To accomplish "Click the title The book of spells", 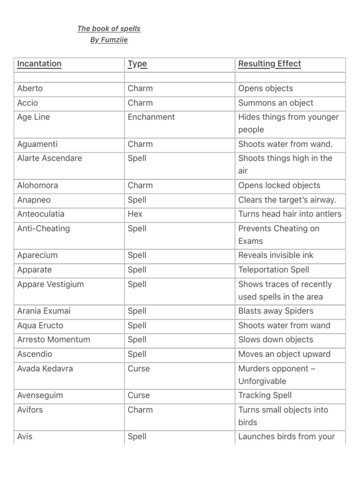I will [x=109, y=29].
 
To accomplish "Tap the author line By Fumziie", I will [x=109, y=40].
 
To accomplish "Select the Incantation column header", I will [x=39, y=64].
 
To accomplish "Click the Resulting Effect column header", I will [x=270, y=64].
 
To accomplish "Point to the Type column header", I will [x=137, y=64].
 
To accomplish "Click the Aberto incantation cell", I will [x=30, y=88].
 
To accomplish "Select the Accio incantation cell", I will [x=28, y=103].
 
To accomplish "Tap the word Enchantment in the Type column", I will [x=151, y=117].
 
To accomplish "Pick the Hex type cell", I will [x=135, y=214].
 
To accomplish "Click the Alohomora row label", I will [x=37, y=185].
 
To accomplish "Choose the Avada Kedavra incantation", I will [x=45, y=368].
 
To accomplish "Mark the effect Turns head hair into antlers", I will [x=290, y=214].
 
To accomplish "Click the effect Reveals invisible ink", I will [x=276, y=255].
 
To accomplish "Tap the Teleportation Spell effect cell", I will [x=274, y=270].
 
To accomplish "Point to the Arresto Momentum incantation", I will [x=53, y=339].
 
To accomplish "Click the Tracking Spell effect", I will [x=265, y=395].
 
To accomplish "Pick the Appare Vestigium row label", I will [x=50, y=284].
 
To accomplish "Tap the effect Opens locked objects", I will [x=279, y=185].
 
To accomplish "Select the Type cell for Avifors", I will [x=140, y=410].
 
